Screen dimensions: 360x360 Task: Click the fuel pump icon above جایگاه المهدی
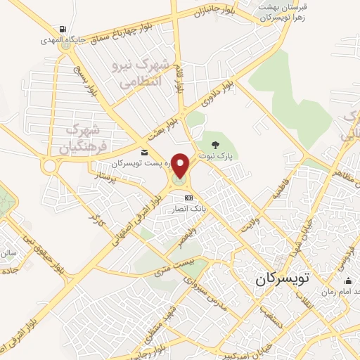pyautogui.click(x=63, y=29)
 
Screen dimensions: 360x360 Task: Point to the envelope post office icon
pyautogui.click(x=143, y=153)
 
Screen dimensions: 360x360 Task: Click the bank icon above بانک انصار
pyautogui.click(x=188, y=199)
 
